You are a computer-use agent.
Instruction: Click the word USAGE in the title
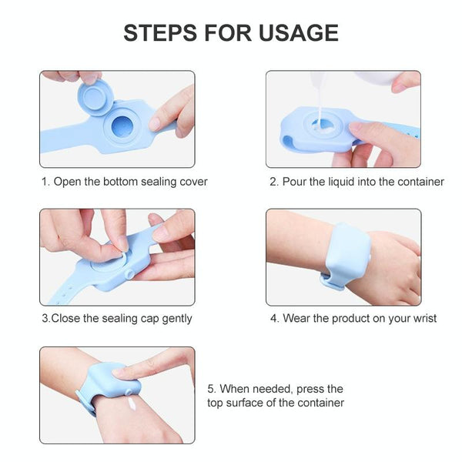pos(299,32)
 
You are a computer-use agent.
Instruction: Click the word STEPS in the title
pos(160,32)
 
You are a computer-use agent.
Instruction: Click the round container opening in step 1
pos(123,127)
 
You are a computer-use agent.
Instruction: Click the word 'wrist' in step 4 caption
pos(425,318)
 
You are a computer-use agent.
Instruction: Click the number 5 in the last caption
pos(211,389)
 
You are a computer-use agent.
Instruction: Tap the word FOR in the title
pos(228,32)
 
